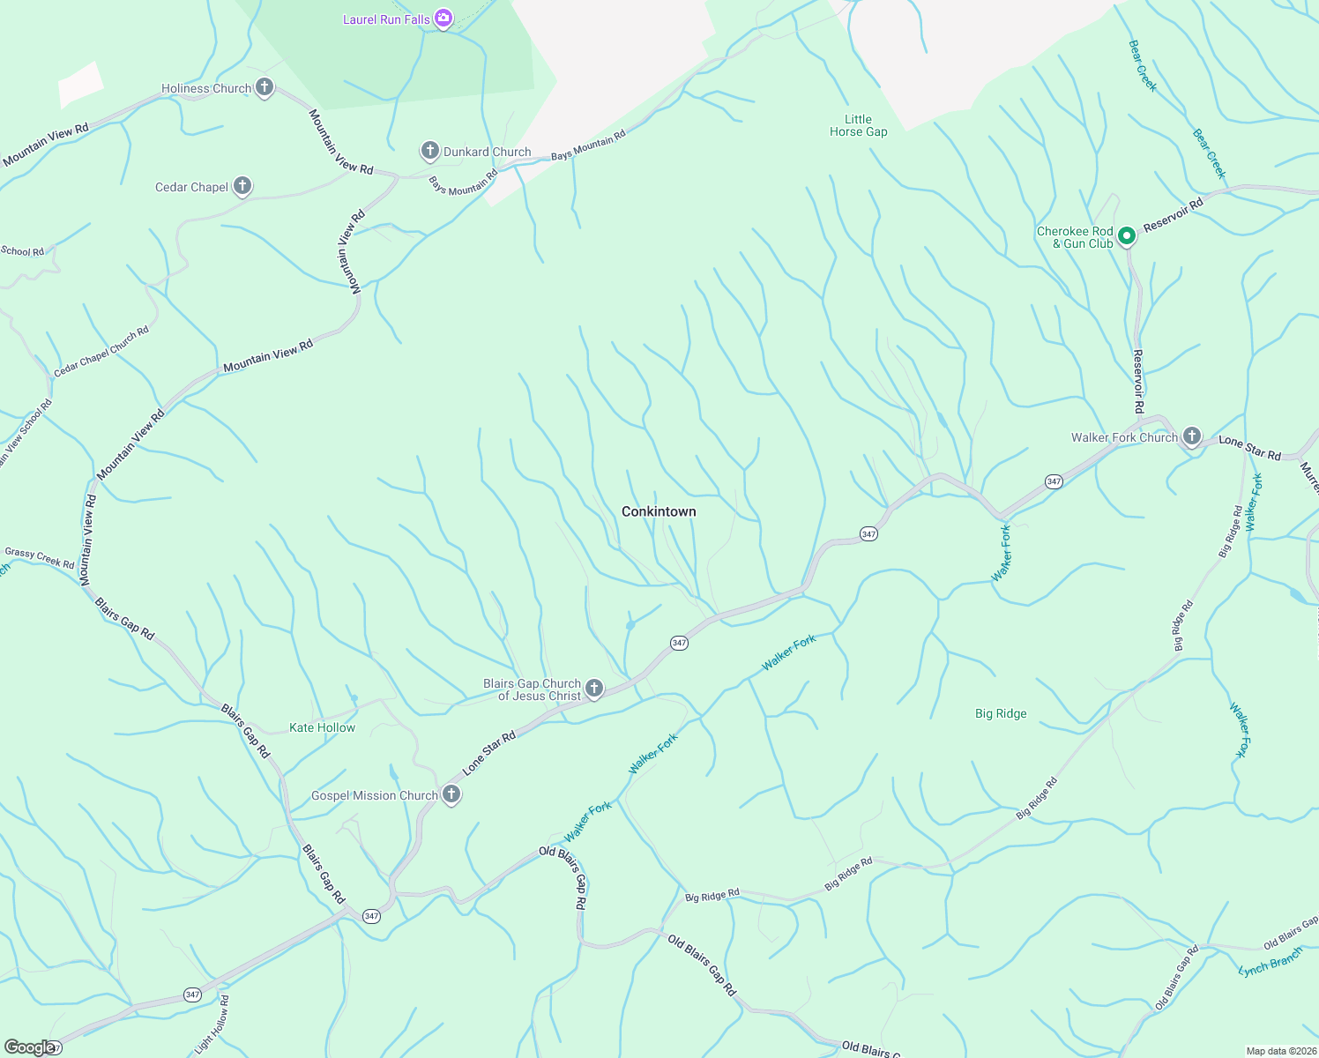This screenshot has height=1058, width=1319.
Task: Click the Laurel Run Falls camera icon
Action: [443, 18]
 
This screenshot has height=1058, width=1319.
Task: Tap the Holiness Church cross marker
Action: [264, 87]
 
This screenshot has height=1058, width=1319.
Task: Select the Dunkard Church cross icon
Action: [429, 151]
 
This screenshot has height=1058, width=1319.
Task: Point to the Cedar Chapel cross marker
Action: [242, 186]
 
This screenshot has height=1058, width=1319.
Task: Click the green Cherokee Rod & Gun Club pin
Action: [1126, 236]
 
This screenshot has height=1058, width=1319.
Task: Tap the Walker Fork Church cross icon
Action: [1191, 436]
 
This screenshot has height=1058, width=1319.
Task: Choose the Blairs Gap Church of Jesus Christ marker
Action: [594, 688]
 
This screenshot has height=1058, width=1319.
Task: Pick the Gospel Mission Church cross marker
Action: [451, 794]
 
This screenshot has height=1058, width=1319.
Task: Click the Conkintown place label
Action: [659, 511]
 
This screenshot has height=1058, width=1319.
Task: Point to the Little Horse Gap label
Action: [858, 125]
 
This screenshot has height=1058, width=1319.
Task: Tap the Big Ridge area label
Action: [1001, 713]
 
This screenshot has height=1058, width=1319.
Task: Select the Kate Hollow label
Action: [322, 727]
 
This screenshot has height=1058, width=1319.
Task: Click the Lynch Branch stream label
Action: [1270, 963]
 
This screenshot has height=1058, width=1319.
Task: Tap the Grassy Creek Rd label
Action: [40, 557]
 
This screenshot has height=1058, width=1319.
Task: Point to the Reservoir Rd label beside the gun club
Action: [1173, 215]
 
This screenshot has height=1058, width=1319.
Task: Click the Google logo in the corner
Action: [29, 1047]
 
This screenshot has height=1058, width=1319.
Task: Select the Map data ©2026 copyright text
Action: [1279, 1051]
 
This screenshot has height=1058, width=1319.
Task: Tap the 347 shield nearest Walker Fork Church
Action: [1054, 481]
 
